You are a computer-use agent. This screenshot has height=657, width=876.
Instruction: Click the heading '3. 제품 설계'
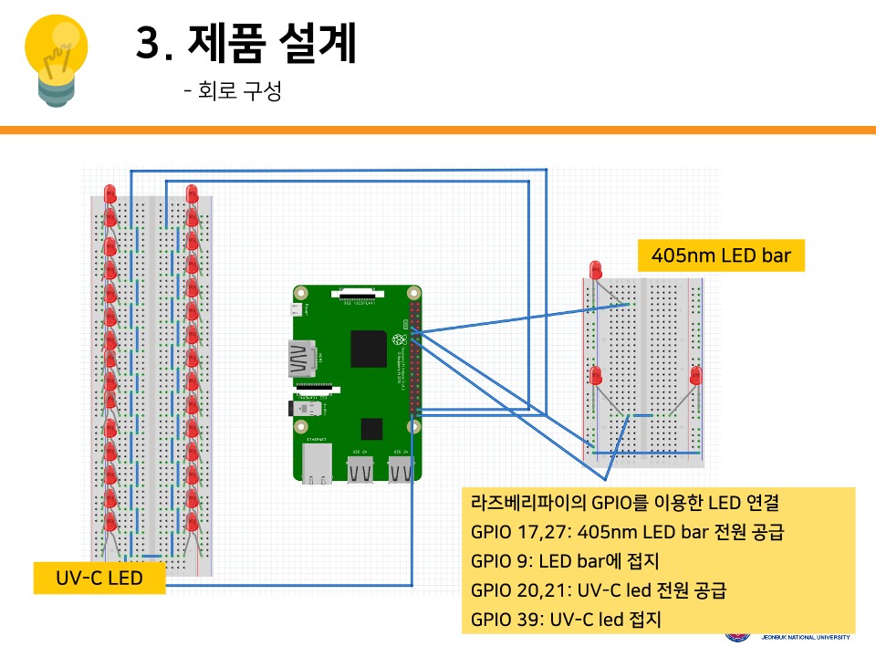pos(245,43)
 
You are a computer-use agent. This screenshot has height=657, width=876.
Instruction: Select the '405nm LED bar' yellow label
pos(721,255)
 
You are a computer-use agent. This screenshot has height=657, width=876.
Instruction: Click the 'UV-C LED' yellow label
pos(99,578)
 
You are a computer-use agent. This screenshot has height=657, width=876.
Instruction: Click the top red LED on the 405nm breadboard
pos(596,269)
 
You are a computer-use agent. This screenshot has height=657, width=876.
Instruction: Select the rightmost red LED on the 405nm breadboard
pos(696,374)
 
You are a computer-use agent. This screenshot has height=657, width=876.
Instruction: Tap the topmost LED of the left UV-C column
pos(110,193)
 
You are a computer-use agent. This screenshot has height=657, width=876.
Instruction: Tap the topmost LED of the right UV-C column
pos(192,193)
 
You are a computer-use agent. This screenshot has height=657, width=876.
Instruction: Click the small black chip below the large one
pos(371,428)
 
